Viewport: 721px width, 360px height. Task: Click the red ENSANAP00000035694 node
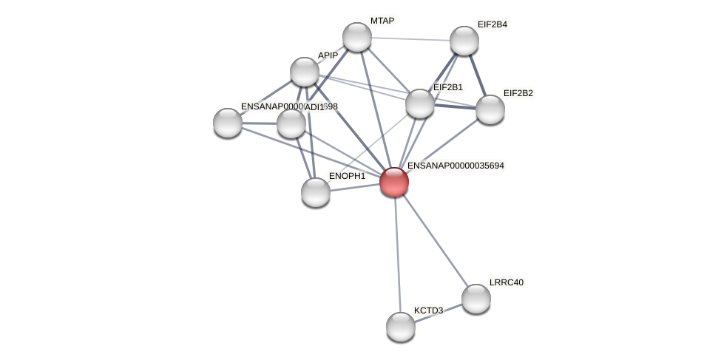(x=394, y=181)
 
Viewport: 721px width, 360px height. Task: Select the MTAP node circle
(x=357, y=37)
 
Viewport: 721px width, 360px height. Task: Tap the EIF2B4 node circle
(x=464, y=41)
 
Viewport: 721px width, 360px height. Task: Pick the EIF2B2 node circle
(x=490, y=109)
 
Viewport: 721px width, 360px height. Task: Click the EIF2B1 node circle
(x=420, y=103)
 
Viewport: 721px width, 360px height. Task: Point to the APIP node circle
(x=305, y=72)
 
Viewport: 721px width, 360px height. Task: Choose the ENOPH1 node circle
(x=316, y=192)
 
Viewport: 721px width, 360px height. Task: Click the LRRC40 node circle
(x=476, y=299)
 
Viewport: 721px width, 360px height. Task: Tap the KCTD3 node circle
(x=401, y=327)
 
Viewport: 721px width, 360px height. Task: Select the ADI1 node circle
(x=291, y=123)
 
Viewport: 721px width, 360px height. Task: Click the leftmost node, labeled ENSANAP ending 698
(x=228, y=123)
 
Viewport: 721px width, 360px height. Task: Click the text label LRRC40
(x=507, y=282)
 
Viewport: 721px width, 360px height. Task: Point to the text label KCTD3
(x=428, y=310)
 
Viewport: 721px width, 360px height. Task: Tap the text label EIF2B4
(x=492, y=24)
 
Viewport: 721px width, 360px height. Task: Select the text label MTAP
(x=382, y=21)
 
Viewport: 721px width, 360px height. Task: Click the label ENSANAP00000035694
(x=456, y=166)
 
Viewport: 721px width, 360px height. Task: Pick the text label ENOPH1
(x=347, y=176)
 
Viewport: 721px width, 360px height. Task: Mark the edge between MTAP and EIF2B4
(x=410, y=38)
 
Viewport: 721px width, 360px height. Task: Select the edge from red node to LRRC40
(x=435, y=240)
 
